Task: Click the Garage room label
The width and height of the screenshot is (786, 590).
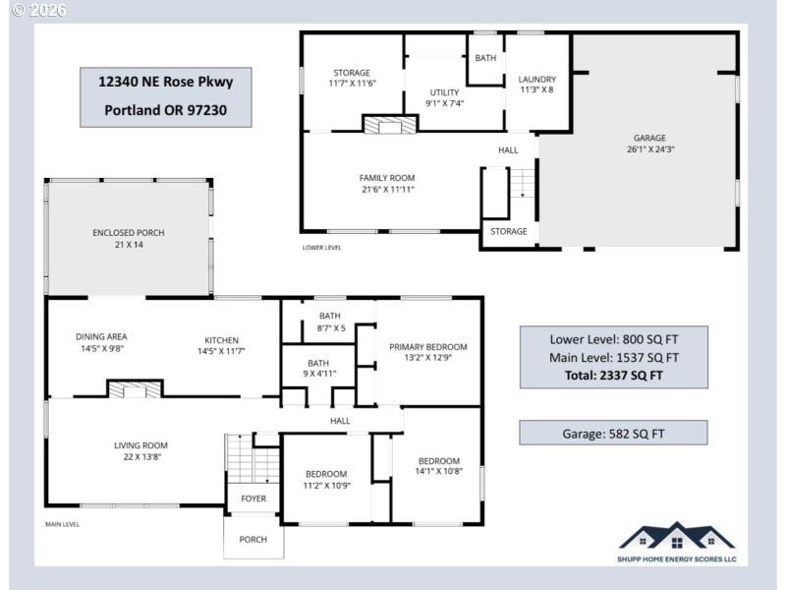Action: point(649,144)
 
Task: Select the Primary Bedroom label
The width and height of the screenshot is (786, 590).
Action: point(427,353)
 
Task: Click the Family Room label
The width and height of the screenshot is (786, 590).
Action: point(386,184)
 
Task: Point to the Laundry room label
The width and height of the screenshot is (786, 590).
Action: point(537,85)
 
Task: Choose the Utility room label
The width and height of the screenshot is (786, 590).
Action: point(444,97)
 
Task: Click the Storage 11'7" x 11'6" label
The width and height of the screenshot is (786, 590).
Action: point(351,79)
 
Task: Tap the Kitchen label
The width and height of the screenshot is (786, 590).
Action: point(221,343)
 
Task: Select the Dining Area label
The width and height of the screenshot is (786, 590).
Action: point(101,342)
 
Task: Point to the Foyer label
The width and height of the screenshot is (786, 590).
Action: point(253,499)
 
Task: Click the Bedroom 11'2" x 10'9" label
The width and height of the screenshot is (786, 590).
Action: point(325,479)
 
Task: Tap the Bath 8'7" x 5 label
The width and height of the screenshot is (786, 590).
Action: point(330,322)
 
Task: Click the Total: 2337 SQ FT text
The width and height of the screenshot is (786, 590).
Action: point(613,375)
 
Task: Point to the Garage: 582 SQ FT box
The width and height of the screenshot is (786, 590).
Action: point(613,432)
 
